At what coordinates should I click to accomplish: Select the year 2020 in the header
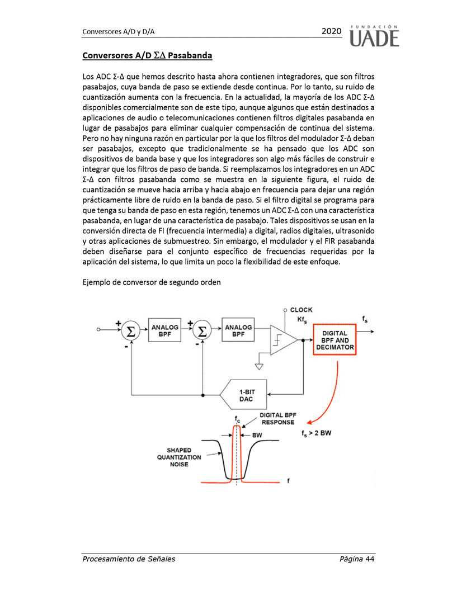click(x=331, y=31)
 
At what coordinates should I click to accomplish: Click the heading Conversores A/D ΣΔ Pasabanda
click(x=147, y=55)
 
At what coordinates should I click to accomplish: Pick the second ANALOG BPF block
click(x=238, y=330)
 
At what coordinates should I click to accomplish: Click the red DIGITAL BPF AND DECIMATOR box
click(x=334, y=339)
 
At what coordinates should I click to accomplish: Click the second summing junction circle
click(x=202, y=330)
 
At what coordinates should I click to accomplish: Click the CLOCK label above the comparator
click(x=301, y=310)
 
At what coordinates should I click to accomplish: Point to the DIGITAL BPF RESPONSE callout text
click(x=277, y=419)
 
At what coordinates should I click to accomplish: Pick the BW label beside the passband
click(x=257, y=434)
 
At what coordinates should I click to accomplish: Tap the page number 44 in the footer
click(x=369, y=559)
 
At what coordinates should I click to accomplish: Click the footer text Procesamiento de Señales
click(x=128, y=559)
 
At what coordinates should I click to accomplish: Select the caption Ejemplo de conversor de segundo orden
click(x=151, y=282)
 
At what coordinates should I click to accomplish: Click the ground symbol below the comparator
click(x=258, y=366)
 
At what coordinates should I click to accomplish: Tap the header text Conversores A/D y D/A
click(x=118, y=32)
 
